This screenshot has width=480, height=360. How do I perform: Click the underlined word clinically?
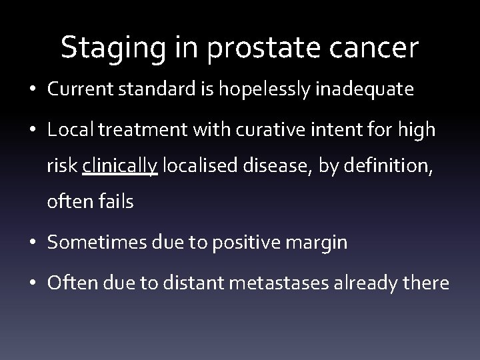point(120,166)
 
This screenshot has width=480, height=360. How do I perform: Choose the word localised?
point(201,166)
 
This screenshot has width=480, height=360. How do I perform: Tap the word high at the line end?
point(419,130)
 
